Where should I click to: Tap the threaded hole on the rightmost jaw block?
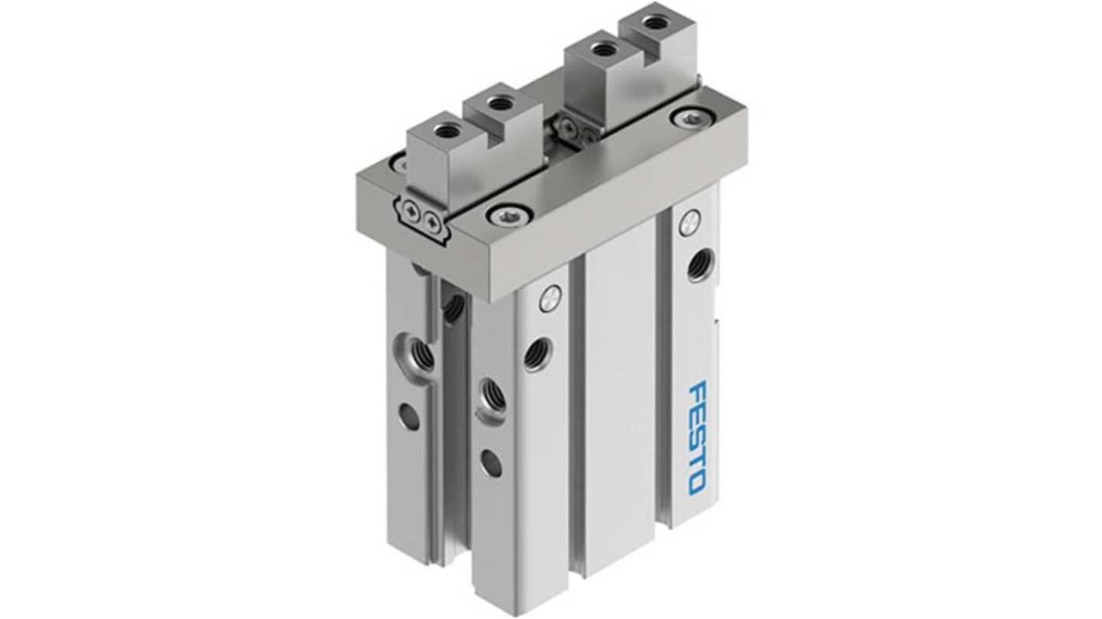653,22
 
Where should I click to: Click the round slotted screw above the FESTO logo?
689,221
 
